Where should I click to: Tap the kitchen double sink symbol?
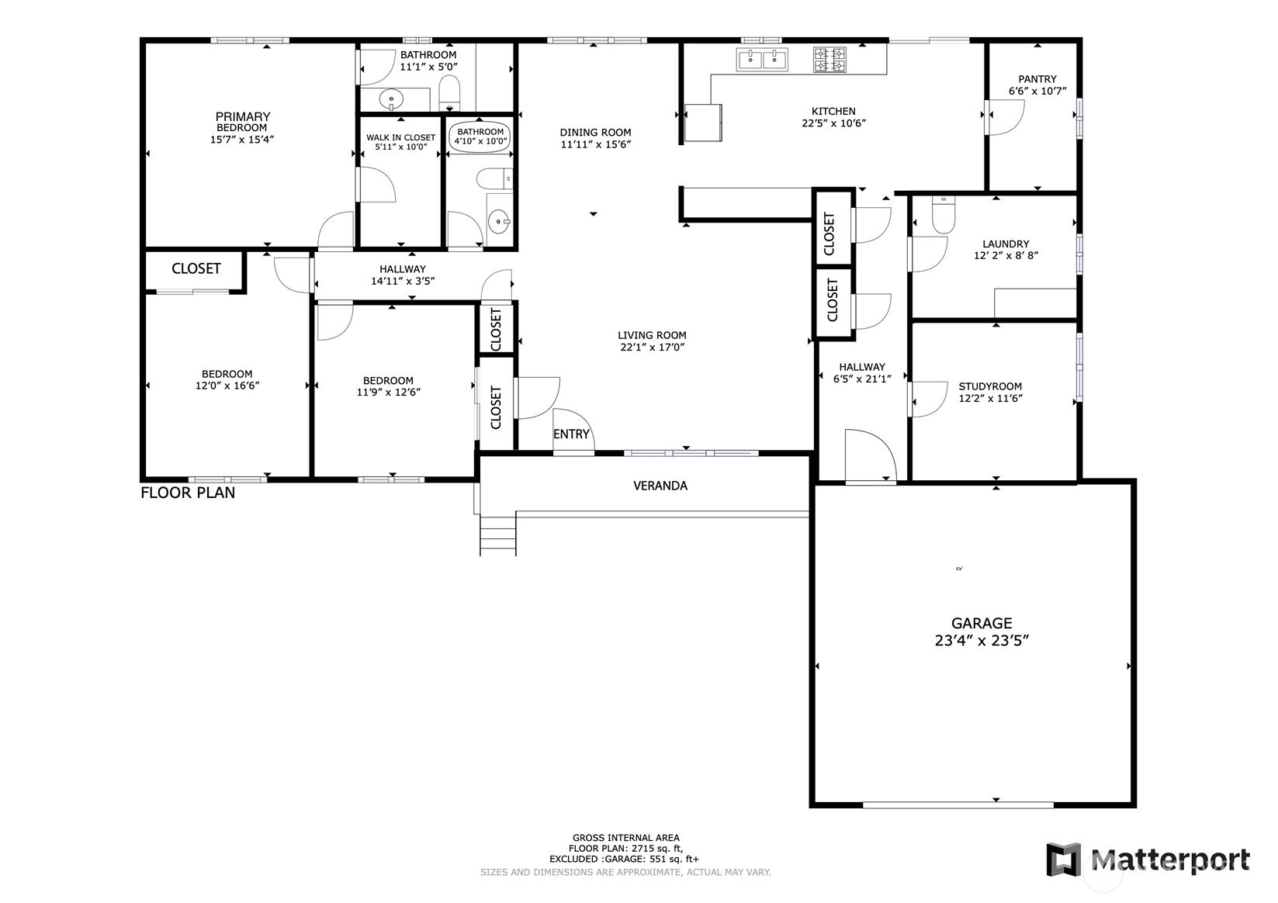[x=763, y=59]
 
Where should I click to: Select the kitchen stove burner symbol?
[x=829, y=60]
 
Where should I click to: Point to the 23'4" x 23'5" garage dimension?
[x=982, y=641]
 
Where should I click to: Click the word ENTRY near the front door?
[x=571, y=434]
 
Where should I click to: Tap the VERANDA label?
[x=660, y=486]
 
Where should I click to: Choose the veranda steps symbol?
[x=497, y=535]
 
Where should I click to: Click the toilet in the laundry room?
[x=943, y=216]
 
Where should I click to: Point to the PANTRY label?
[x=1037, y=78]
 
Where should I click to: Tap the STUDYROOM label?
[x=990, y=386]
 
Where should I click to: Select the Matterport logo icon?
[x=1063, y=860]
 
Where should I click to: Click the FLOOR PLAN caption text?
[x=188, y=493]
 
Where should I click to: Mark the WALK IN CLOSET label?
[x=400, y=137]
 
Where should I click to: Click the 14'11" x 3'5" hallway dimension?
[x=403, y=281]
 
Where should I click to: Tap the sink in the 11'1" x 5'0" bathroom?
[x=393, y=99]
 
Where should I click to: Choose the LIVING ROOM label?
[x=652, y=335]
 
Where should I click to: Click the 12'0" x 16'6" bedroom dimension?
[x=227, y=385]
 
